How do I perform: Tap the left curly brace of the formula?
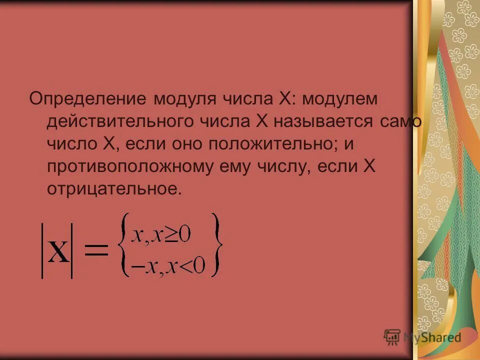click(x=124, y=245)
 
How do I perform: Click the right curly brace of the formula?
click(x=216, y=245)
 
